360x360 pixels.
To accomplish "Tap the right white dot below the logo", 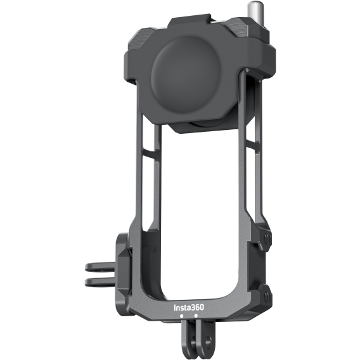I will click(x=195, y=315).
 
